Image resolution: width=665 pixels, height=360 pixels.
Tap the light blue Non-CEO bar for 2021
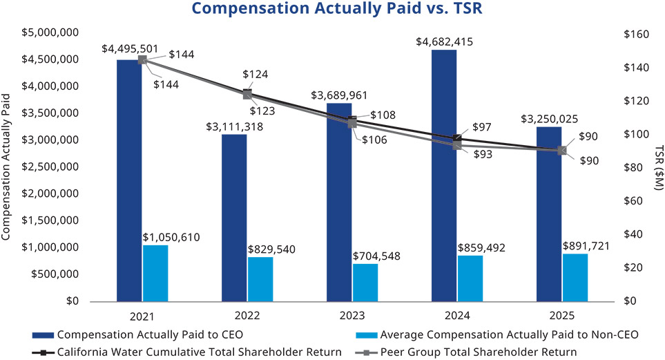155,273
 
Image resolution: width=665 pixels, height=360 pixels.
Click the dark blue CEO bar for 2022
234,218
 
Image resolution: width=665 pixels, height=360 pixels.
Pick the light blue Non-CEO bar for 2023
365,282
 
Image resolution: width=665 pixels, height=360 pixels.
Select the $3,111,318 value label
235,126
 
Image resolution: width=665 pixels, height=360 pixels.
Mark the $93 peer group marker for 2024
457,145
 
